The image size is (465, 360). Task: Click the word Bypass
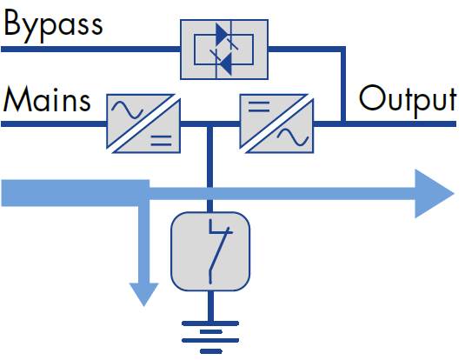click(53, 26)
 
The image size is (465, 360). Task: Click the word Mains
click(47, 99)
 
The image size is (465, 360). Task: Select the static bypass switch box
click(224, 50)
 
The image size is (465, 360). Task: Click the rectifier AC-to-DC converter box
click(143, 123)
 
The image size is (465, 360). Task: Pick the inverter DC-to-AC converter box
click(276, 123)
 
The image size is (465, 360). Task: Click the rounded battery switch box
click(210, 251)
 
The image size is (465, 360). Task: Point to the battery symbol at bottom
click(210, 337)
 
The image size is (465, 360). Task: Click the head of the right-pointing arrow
click(434, 194)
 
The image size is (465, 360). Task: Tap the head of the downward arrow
click(144, 294)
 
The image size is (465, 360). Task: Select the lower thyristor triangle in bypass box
click(225, 63)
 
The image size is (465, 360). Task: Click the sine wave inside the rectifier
click(127, 110)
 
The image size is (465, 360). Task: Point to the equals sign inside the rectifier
click(161, 141)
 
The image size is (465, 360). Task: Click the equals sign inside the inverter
click(259, 107)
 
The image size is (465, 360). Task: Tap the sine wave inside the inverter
click(293, 137)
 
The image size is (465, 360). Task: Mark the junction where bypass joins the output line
click(343, 123)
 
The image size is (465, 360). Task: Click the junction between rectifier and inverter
click(209, 123)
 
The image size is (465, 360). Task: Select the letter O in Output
click(370, 97)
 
